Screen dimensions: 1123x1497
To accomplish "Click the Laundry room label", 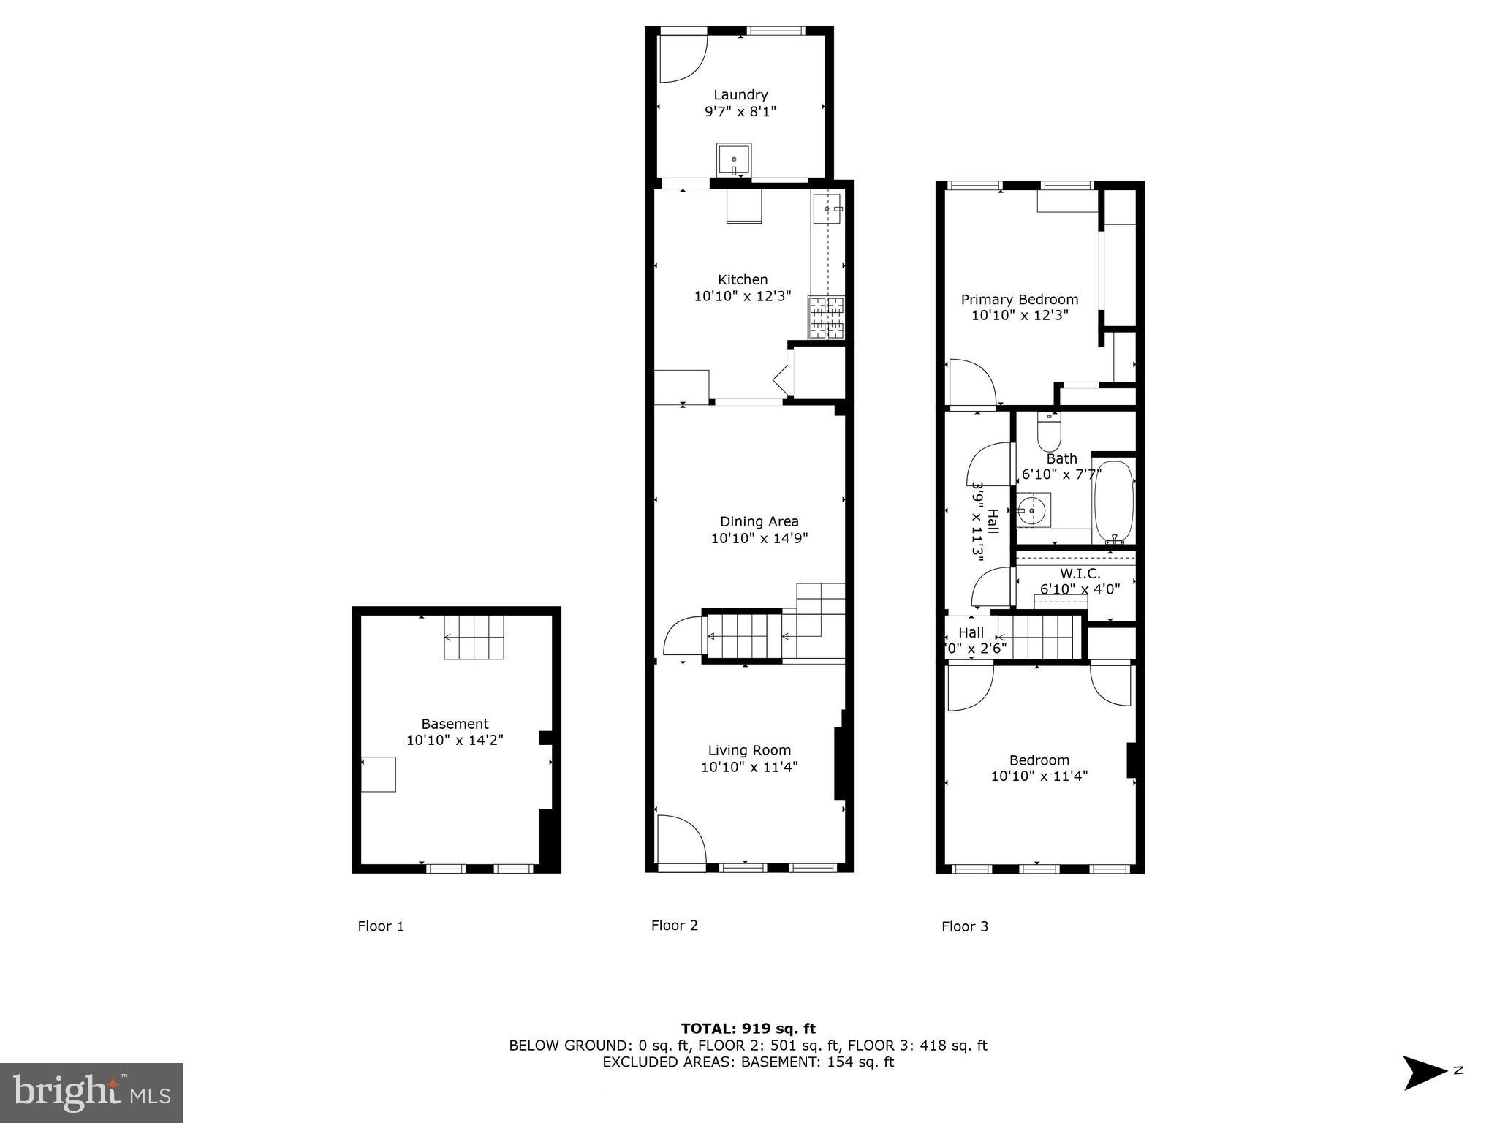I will point(740,94).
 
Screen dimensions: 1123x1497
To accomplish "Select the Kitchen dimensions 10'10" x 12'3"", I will point(742,296).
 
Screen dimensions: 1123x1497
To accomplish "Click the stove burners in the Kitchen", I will point(826,318).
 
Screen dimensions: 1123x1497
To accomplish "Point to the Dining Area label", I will point(759,521).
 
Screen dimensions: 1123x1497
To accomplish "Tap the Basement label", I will point(455,724).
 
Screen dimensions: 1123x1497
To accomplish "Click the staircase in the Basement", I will point(474,637).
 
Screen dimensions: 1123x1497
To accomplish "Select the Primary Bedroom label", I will point(1019,299).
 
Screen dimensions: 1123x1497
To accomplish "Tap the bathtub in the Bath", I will point(1113,502).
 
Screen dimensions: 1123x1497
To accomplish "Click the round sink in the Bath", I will point(1032,509).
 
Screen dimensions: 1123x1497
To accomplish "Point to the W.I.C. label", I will point(1080,574).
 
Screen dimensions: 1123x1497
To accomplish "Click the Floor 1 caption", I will point(381,926).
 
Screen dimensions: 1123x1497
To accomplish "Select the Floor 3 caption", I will point(964,926).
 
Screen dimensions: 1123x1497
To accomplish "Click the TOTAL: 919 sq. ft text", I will point(748,1029).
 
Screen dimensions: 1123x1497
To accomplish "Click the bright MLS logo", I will point(91,1092).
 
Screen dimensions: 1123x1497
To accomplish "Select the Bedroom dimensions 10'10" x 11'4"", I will point(1039,776).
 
